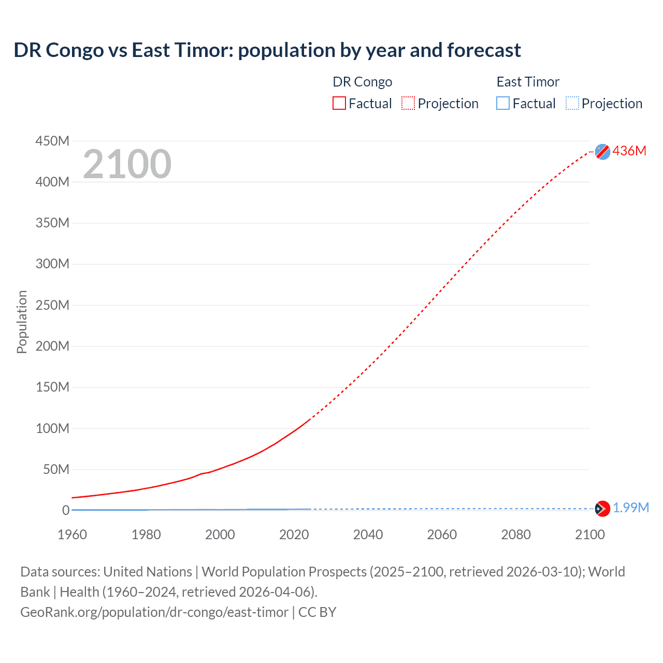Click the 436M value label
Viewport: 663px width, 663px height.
point(629,151)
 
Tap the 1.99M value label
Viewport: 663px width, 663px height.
point(630,508)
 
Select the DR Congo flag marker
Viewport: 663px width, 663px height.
point(602,151)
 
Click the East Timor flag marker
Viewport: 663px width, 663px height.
point(602,509)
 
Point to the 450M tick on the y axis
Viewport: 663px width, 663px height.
point(52,141)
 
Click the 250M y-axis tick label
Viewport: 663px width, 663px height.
point(52,305)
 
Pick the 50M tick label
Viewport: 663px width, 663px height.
point(56,469)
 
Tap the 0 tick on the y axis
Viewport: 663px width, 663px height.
point(66,510)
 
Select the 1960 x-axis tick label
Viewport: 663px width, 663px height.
point(72,535)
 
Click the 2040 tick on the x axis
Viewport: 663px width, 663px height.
point(368,535)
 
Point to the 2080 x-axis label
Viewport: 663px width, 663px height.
point(516,535)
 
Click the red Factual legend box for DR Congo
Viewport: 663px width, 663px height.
point(339,103)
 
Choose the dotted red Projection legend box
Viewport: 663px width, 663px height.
point(408,103)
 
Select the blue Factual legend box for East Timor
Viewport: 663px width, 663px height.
point(503,103)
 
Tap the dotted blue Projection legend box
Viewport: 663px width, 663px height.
point(572,103)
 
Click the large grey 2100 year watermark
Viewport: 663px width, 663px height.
point(127,164)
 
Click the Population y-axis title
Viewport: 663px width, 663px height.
point(22,322)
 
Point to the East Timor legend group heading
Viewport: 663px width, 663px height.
point(528,82)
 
